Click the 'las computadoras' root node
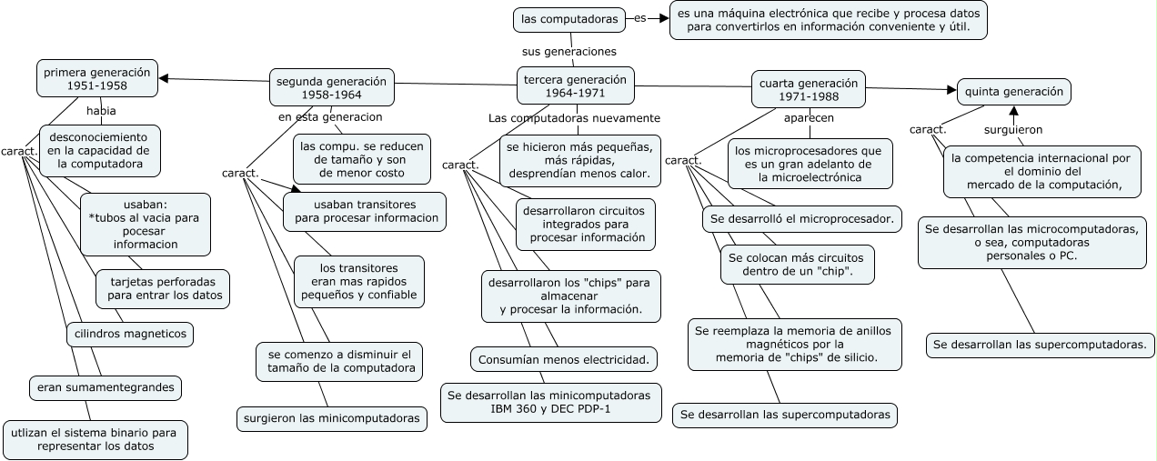click(569, 18)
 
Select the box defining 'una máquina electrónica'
click(828, 20)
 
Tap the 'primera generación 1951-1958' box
click(97, 78)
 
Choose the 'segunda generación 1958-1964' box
click(332, 87)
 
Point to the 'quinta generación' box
click(1013, 91)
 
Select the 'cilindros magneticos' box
click(131, 334)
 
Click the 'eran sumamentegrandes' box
click(106, 387)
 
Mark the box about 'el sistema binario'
click(96, 439)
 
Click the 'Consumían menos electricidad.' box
click(565, 360)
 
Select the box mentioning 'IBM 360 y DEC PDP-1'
click(551, 403)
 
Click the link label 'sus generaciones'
click(569, 52)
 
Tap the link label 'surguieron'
click(1013, 130)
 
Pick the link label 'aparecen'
click(809, 117)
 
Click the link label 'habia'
click(101, 111)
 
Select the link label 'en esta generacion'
click(330, 117)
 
